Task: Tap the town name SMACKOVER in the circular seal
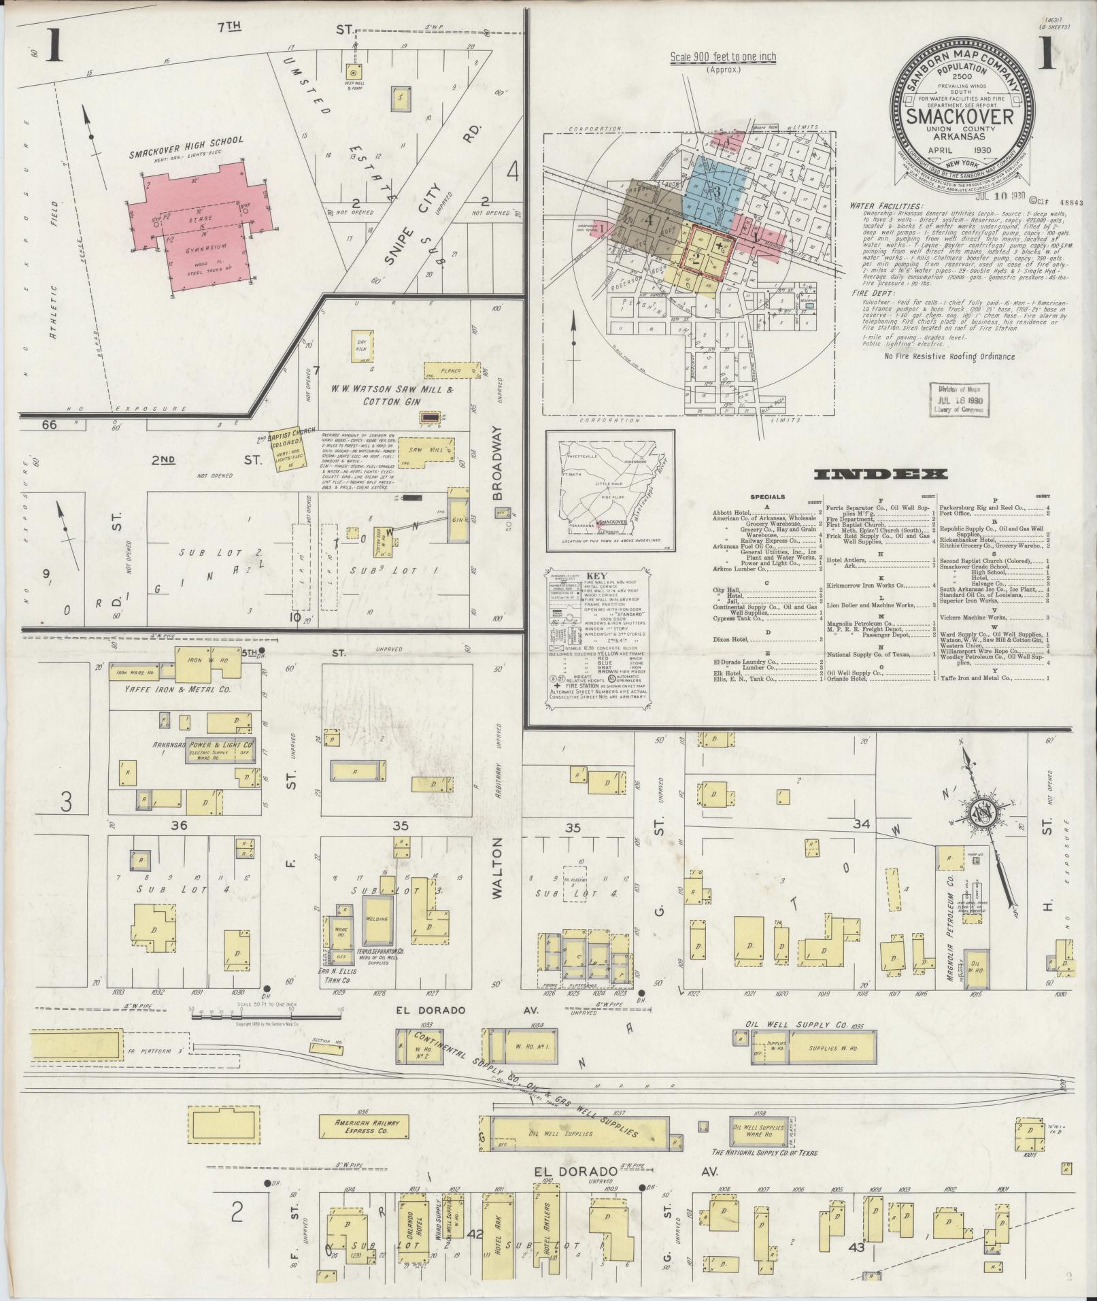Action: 964,116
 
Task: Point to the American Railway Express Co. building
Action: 364,1126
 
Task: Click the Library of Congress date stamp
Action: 956,399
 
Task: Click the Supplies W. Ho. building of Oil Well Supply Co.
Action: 833,1049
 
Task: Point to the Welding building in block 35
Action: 377,918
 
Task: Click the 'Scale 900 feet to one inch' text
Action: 723,58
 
